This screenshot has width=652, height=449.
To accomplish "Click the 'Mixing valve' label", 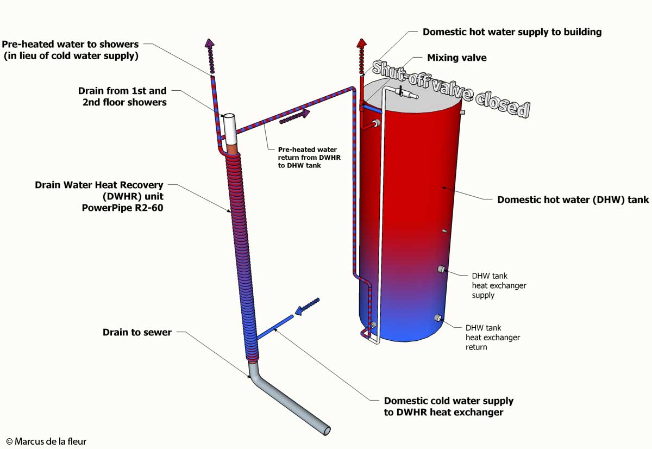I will (x=456, y=58).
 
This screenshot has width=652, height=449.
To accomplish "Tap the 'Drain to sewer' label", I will (x=137, y=332).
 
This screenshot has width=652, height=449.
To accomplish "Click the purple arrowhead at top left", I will (x=209, y=43).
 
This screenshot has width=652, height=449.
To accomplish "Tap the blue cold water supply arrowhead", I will (x=297, y=314).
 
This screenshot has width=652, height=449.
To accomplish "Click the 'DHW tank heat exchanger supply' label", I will (x=499, y=285).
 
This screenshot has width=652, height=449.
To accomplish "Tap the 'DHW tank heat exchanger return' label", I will (x=492, y=337).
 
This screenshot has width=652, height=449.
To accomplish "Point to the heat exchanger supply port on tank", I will (x=442, y=269).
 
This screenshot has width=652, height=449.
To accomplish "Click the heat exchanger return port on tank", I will (x=436, y=318).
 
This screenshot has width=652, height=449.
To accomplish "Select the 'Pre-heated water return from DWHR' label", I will (x=308, y=157).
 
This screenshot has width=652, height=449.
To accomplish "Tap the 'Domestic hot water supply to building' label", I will (x=512, y=32).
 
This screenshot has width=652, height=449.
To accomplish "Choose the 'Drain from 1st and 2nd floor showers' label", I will (x=122, y=96).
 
